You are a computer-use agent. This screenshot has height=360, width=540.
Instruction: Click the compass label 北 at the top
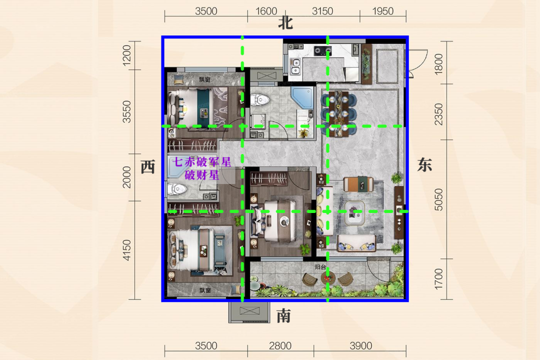[x=285, y=23]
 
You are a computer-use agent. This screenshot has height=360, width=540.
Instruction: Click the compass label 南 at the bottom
[x=284, y=315]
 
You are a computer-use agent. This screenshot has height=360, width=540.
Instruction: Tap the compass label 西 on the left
[x=148, y=167]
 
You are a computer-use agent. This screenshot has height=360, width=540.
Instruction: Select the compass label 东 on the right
[x=424, y=164]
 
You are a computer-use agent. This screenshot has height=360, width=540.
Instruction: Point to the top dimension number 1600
[x=266, y=11]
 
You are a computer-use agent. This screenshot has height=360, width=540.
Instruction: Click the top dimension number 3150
[x=322, y=11]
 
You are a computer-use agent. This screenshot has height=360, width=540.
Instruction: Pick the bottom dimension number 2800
[x=280, y=345]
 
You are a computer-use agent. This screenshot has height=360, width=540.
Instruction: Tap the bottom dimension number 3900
[x=361, y=345]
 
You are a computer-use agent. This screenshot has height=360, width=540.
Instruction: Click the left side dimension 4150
[x=126, y=250]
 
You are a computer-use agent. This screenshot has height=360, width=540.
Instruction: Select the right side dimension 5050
[x=438, y=199]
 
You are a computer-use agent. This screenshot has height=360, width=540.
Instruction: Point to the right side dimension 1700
[x=438, y=279]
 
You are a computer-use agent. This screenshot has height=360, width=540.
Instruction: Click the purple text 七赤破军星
[x=202, y=161]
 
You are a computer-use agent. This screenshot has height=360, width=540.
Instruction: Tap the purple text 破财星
[x=202, y=174]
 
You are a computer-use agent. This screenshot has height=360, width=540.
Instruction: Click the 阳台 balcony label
[x=320, y=267]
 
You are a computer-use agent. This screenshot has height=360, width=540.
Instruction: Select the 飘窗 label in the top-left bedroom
[x=204, y=79]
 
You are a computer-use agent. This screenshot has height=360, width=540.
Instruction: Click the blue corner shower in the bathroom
[x=302, y=96]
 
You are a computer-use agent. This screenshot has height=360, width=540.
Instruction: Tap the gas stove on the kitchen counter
[x=322, y=51]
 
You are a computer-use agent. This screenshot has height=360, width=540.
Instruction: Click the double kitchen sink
[x=295, y=66]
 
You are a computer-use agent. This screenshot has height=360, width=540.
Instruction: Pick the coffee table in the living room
[x=354, y=212]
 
